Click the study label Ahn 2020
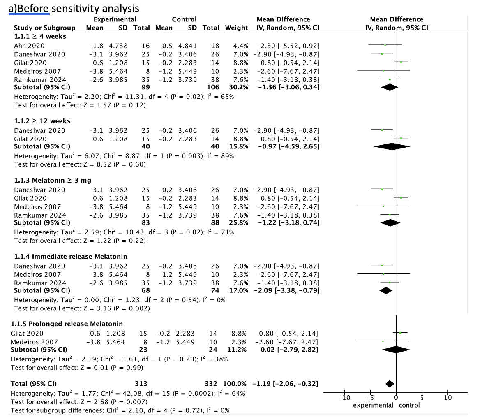click(x=29, y=46)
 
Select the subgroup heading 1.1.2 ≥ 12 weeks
click(x=42, y=121)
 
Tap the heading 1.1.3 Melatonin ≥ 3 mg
click(x=53, y=180)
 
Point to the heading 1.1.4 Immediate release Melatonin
click(x=70, y=257)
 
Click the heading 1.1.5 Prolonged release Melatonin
click(x=67, y=324)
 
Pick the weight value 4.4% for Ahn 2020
click(x=241, y=46)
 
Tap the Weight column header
click(x=236, y=28)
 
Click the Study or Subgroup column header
click(x=44, y=28)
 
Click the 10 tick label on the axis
click(x=448, y=398)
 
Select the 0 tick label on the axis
click(x=396, y=398)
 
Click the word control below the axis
click(x=409, y=405)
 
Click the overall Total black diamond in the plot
click(x=389, y=384)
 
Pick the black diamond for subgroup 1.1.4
click(x=386, y=290)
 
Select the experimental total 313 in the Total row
click(x=141, y=384)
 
